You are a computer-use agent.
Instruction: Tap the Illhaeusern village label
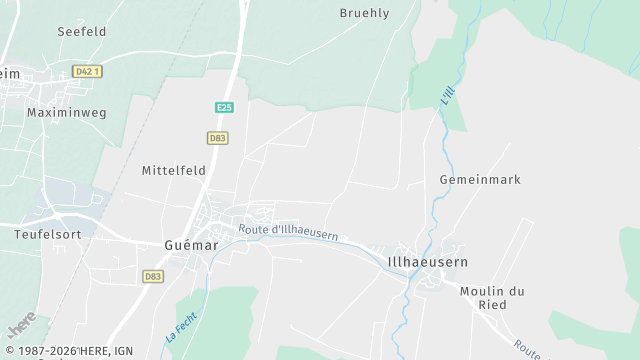[427, 262]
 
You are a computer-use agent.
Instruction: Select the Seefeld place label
[82, 32]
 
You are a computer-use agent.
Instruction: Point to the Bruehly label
[364, 13]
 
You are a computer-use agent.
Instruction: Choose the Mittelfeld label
[174, 170]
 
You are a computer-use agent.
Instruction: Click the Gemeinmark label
[480, 179]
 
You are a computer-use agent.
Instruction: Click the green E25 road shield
[224, 107]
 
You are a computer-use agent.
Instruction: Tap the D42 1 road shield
[89, 72]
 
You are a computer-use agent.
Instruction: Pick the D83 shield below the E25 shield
[218, 138]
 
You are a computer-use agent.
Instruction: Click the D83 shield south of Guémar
[153, 276]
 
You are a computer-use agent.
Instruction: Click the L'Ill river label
[446, 96]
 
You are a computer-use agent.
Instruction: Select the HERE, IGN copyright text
[69, 352]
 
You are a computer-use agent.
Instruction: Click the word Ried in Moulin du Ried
[492, 305]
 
